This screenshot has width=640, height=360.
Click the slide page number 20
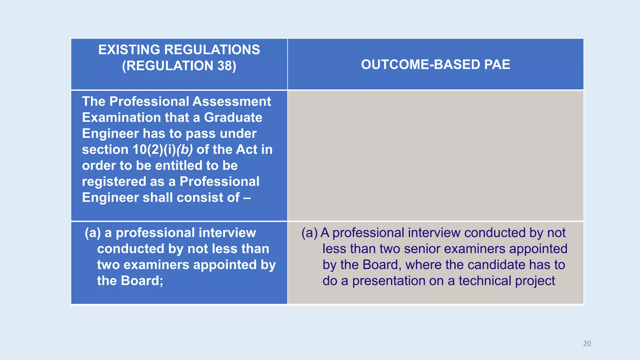coord(587,343)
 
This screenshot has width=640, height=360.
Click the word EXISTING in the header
coord(129,50)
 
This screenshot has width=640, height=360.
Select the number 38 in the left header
coord(224,66)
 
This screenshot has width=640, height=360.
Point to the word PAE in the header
coord(497,64)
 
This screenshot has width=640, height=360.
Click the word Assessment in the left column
coord(232,102)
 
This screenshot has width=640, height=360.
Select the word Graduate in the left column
coord(233,117)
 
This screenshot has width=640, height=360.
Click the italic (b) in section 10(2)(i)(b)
coord(184,150)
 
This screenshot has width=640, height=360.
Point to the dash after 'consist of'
coord(247,198)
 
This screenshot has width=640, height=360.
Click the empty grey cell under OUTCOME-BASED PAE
coord(435,156)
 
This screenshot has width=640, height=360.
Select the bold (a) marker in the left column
coord(92,233)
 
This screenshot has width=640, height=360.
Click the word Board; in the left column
coord(142,281)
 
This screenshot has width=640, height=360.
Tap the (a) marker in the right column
coord(309,233)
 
